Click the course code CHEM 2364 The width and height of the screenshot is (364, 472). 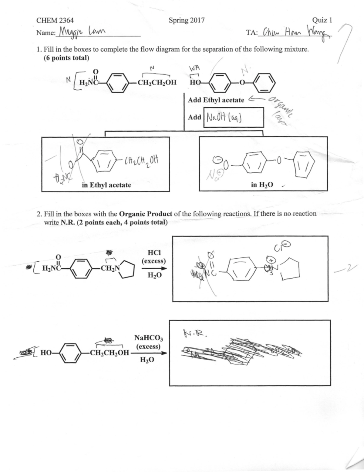coord(55,20)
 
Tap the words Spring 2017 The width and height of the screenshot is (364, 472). coord(187,20)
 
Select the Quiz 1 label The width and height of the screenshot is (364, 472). coord(322,20)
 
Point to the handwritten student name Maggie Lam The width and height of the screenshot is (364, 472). coord(82,32)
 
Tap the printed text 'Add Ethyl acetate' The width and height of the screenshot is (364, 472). coord(216,100)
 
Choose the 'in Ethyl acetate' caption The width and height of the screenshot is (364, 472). coord(106,185)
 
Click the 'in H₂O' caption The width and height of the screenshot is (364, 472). coord(262,184)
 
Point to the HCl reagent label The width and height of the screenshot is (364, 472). coord(154,253)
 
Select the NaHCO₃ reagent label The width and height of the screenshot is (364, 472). coord(148,338)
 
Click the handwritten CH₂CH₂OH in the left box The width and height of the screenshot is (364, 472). coord(141,159)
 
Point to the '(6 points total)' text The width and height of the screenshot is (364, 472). coord(67,58)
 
